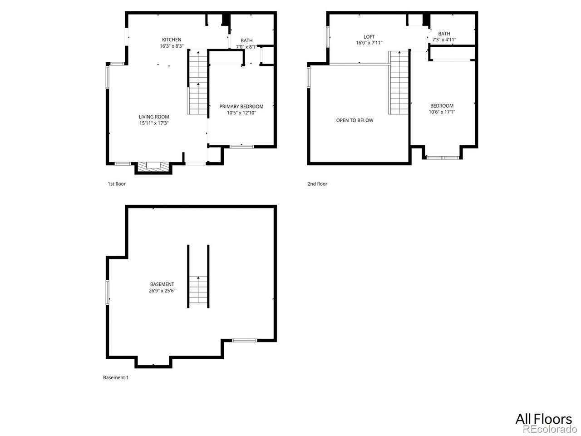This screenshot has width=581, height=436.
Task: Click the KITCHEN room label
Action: pos(172,40)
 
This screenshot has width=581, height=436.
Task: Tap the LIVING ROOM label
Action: pos(154,117)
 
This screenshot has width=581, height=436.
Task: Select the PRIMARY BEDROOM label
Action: pos(241,106)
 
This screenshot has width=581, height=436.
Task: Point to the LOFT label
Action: pos(369,37)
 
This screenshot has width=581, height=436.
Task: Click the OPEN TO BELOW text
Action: pos(355,120)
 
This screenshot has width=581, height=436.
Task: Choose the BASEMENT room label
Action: pos(162,284)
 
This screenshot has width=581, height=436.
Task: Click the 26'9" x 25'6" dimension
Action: pos(162,291)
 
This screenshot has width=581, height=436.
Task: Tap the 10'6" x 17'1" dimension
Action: pos(442,112)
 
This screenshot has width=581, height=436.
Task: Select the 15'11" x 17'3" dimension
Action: pos(154,123)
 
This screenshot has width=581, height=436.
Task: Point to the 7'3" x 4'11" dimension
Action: pos(444,40)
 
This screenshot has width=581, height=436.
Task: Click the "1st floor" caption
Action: pos(117,184)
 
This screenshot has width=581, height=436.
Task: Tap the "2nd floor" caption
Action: pos(317,184)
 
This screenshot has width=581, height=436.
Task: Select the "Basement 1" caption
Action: pos(116,377)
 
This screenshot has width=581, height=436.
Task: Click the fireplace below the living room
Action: pos(154,167)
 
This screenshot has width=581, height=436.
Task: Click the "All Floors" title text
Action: pos(543,418)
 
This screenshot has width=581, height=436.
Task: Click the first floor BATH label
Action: pos(246,40)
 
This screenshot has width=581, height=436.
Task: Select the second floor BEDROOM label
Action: pos(442,106)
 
